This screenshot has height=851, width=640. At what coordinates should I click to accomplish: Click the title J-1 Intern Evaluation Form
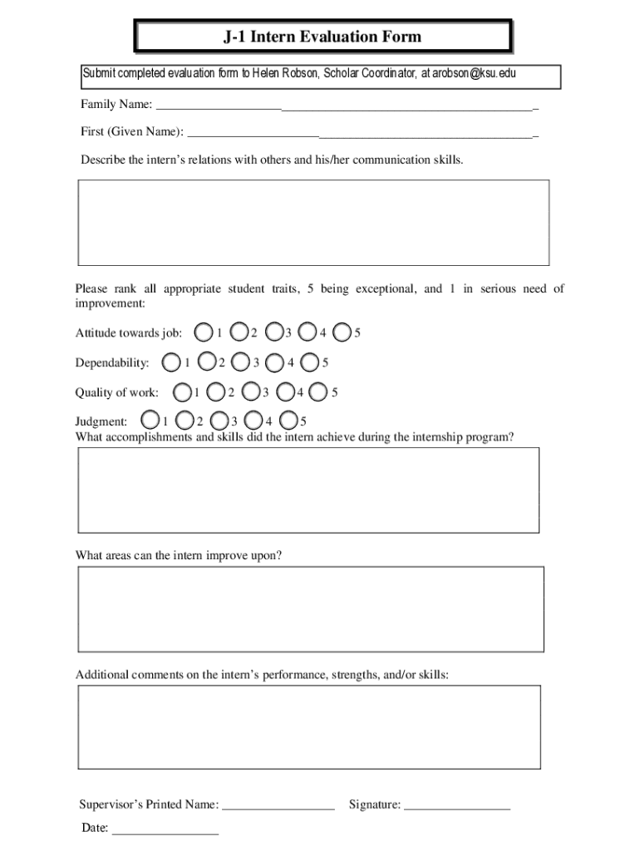click(322, 37)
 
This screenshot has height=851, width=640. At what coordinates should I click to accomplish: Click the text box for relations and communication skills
click(313, 222)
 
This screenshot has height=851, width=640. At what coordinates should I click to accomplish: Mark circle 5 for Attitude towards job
click(341, 333)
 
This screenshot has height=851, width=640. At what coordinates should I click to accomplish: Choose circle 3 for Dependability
click(241, 362)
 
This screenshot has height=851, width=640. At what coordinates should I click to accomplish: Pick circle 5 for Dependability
click(310, 362)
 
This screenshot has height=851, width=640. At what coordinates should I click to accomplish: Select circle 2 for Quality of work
click(215, 391)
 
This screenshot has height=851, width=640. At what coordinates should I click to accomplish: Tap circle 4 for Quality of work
click(285, 391)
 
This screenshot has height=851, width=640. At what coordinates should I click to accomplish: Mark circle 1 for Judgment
click(150, 420)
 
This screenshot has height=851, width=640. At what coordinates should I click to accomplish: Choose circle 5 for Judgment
click(288, 420)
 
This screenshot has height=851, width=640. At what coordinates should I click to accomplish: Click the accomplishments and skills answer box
click(308, 489)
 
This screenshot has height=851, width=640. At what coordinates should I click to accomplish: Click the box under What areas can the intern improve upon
click(310, 609)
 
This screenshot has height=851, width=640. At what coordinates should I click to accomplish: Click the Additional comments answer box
click(308, 728)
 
